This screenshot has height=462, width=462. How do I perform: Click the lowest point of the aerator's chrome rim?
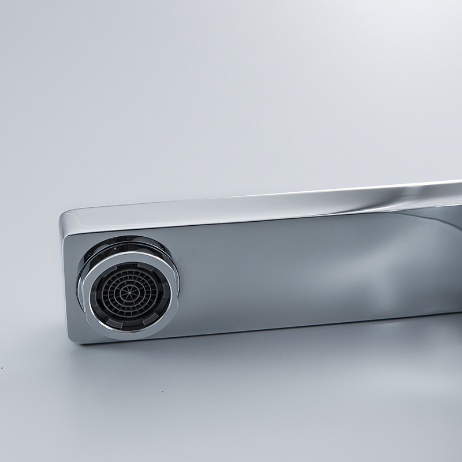pyautogui.click(x=128, y=336)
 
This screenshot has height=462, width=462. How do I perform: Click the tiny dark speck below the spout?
pyautogui.click(x=163, y=392)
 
